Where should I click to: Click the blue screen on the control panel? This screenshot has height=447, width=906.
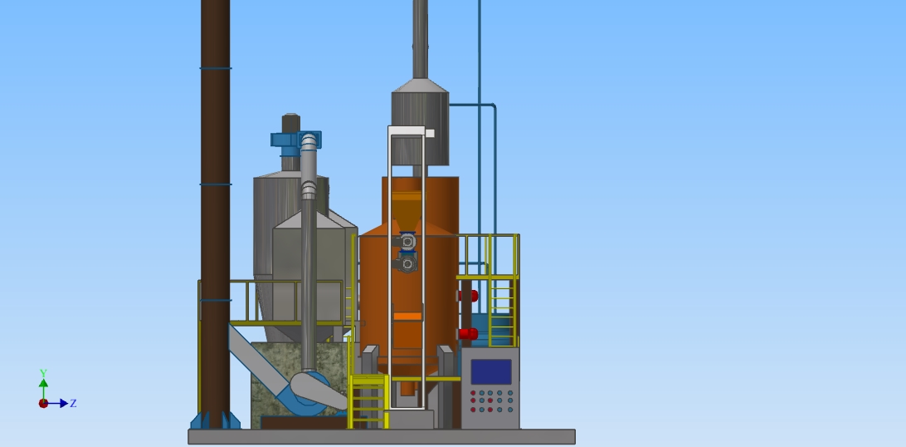pyautogui.click(x=491, y=372)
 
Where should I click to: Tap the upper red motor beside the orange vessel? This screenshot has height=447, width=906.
pyautogui.click(x=469, y=296)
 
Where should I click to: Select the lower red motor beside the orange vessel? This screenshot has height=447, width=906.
pyautogui.click(x=468, y=334)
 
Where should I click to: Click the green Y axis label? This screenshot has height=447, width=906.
pyautogui.click(x=43, y=374)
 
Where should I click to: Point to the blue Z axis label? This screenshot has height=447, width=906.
pyautogui.click(x=73, y=403)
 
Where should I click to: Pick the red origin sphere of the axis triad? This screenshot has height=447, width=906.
pyautogui.click(x=43, y=403)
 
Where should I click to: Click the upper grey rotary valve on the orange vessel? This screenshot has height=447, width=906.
pyautogui.click(x=407, y=241)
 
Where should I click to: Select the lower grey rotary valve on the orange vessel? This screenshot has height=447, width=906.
pyautogui.click(x=407, y=263)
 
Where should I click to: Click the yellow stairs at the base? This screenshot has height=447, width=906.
pyautogui.click(x=368, y=402)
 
